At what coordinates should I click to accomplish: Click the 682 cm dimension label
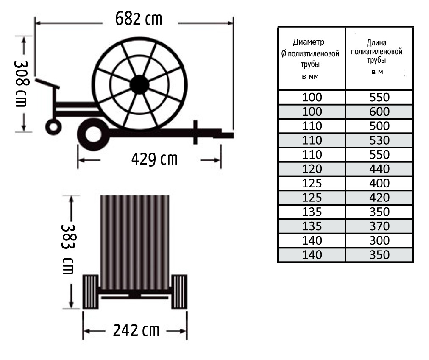[139, 19]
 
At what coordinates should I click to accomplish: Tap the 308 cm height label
[21, 84]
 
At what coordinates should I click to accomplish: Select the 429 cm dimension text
[155, 159]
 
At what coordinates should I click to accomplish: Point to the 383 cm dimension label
[67, 249]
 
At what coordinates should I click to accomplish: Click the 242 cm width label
[136, 330]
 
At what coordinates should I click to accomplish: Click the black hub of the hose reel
[139, 85]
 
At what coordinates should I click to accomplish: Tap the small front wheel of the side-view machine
[53, 127]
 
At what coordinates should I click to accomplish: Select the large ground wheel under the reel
[94, 134]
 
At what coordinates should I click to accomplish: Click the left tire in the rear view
[91, 292]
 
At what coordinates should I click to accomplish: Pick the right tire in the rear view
[179, 292]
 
